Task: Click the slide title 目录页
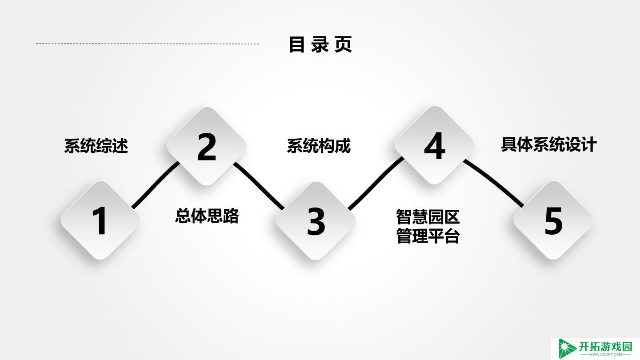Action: pyautogui.click(x=320, y=44)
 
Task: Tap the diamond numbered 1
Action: pyautogui.click(x=100, y=220)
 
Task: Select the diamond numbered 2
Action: pyautogui.click(x=207, y=146)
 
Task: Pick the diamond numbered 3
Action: pyautogui.click(x=316, y=221)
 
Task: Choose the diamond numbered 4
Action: pyautogui.click(x=435, y=145)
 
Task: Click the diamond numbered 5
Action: pyautogui.click(x=553, y=220)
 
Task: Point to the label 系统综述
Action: pyautogui.click(x=96, y=146)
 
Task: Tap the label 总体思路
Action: pyautogui.click(x=207, y=216)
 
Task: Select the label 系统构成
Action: pyautogui.click(x=319, y=146)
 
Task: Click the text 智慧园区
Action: pyautogui.click(x=428, y=217)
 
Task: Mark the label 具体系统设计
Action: pyautogui.click(x=549, y=144)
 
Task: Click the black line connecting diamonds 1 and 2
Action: pyautogui.click(x=155, y=185)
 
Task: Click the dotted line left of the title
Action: pyautogui.click(x=147, y=44)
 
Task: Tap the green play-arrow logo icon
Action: pyautogui.click(x=567, y=348)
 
